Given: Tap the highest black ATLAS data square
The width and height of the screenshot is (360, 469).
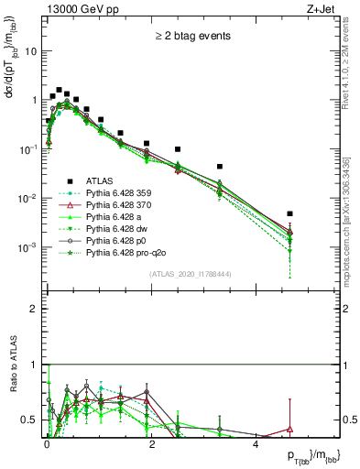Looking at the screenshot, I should pyautogui.click(x=59, y=91).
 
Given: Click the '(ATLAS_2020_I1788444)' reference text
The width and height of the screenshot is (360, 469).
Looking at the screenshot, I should pyautogui.click(x=191, y=274).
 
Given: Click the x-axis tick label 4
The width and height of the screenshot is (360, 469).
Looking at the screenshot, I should pyautogui.click(x=255, y=445).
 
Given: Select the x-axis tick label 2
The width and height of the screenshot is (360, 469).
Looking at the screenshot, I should pyautogui.click(x=151, y=445).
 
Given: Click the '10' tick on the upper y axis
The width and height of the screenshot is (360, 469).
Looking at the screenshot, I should pyautogui.click(x=31, y=51).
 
